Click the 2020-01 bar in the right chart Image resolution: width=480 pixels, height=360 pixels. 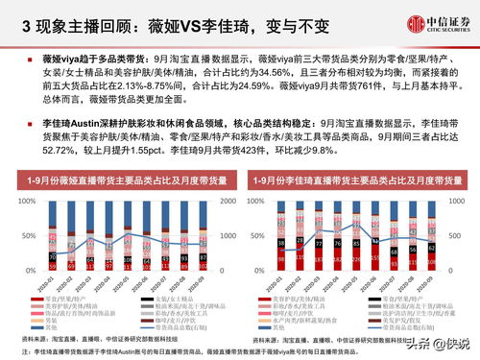(x=280, y=236)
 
